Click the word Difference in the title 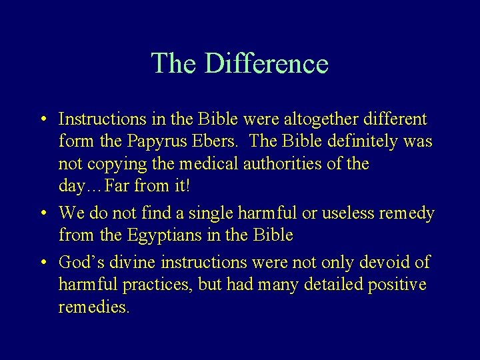tap(266, 64)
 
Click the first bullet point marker tap(43, 121)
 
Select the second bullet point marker tap(43, 214)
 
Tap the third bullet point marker tap(43, 261)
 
